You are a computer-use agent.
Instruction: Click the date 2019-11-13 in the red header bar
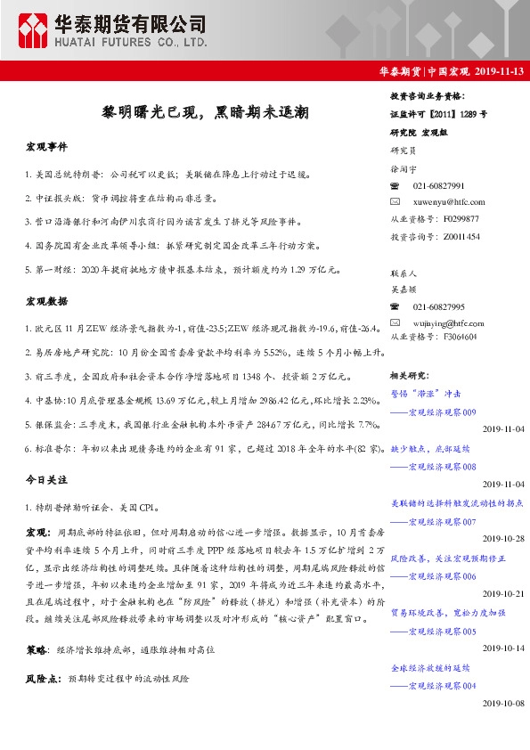(x=499, y=72)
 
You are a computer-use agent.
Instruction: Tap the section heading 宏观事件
(x=47, y=146)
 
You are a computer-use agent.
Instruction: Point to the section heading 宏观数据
(x=47, y=303)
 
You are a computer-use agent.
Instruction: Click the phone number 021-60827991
(x=439, y=185)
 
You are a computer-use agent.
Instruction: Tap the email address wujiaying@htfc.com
(x=450, y=322)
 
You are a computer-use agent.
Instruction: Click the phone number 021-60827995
(x=439, y=306)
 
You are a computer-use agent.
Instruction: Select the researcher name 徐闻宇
(x=404, y=168)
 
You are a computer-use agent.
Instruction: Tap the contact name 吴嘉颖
(x=404, y=289)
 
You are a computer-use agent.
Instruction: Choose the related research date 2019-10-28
(x=504, y=539)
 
